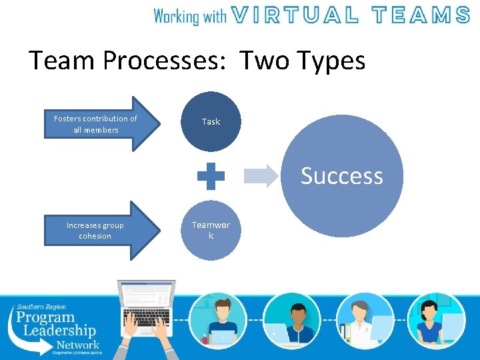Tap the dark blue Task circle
[211, 121]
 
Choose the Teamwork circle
[211, 230]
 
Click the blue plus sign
[211, 176]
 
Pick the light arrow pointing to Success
[260, 176]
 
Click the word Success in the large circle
[341, 176]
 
